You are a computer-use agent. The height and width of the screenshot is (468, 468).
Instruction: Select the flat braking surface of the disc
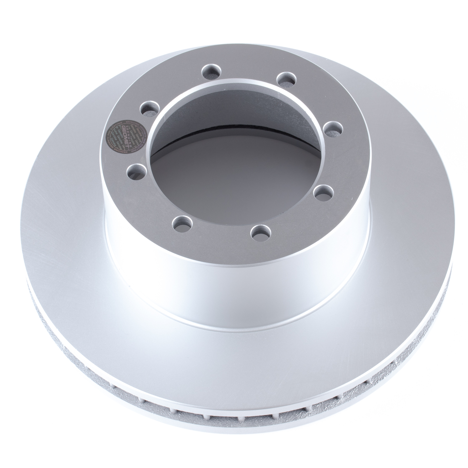pyautogui.click(x=94, y=250)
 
